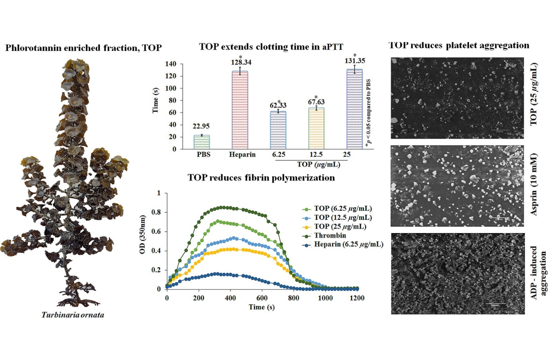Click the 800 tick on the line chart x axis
[294, 298]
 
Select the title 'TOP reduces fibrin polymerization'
[261, 178]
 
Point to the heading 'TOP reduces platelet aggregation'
[459, 45]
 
